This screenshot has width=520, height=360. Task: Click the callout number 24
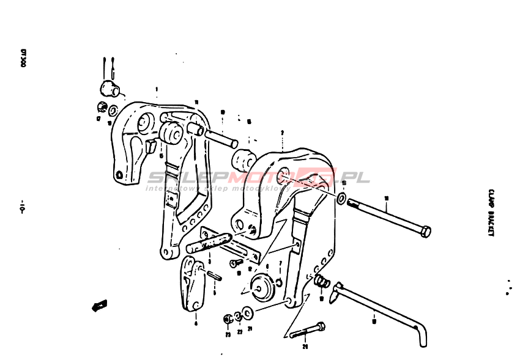(304, 346)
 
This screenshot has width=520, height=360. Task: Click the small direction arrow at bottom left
(98, 304)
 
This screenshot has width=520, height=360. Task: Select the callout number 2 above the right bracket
(282, 133)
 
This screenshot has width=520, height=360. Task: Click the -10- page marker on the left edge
(22, 207)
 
